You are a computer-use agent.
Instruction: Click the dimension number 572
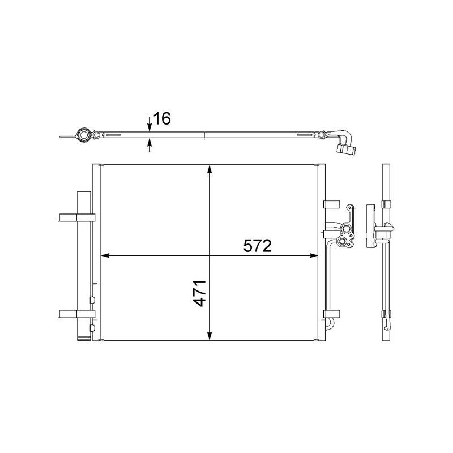point(258,246)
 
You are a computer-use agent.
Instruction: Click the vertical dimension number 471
point(198,292)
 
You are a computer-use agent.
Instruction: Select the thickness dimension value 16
point(162,118)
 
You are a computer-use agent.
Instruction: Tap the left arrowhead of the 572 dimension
point(105,256)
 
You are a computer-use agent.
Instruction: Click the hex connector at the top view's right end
point(346,149)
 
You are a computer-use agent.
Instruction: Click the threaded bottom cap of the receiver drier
point(83,337)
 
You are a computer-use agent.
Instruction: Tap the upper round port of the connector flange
point(347,229)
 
